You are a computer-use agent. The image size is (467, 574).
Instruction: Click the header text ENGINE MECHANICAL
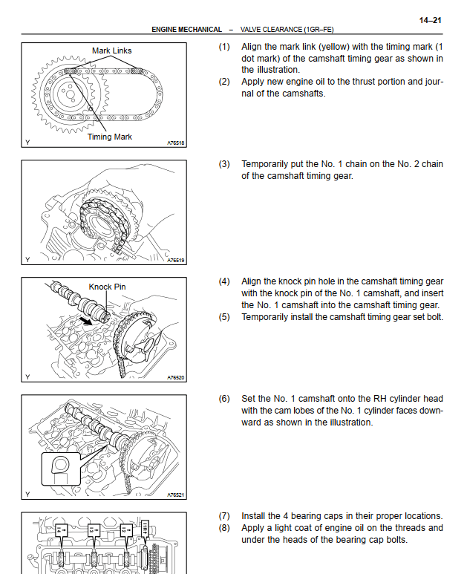tap(186, 30)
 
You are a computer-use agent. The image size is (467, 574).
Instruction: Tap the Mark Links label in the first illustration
tap(112, 51)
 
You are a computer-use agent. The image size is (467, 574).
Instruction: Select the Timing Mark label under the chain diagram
tap(110, 137)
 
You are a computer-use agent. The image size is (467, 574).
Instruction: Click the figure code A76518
tap(176, 143)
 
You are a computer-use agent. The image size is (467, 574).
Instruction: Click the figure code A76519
tap(176, 261)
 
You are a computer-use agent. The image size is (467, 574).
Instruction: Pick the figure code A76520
tap(176, 377)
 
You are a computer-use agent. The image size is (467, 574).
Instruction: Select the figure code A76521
tap(176, 495)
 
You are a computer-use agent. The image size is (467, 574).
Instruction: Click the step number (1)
tap(224, 47)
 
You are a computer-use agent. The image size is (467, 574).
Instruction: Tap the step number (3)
tap(224, 164)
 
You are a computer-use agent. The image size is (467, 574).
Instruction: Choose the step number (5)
tap(224, 317)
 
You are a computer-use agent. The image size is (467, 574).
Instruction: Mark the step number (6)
tap(224, 399)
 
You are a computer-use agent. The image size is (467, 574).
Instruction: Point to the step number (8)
tap(224, 528)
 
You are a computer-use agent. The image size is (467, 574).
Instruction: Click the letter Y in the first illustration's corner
tap(27, 142)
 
